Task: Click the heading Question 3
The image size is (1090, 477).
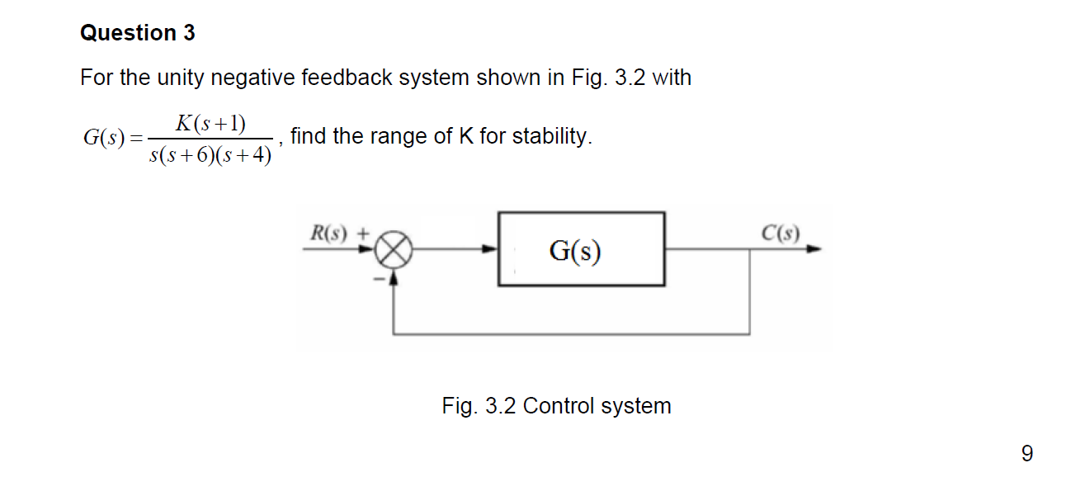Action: (x=138, y=33)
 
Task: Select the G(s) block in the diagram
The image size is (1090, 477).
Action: (x=581, y=249)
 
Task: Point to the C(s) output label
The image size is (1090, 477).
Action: (x=780, y=233)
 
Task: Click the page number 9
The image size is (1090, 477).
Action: (x=1026, y=453)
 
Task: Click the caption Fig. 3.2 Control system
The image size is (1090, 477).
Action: (x=556, y=406)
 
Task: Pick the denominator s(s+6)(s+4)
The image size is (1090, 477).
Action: (x=210, y=155)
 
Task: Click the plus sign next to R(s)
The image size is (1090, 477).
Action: (x=361, y=233)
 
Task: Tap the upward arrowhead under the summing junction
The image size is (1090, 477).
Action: (x=394, y=276)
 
